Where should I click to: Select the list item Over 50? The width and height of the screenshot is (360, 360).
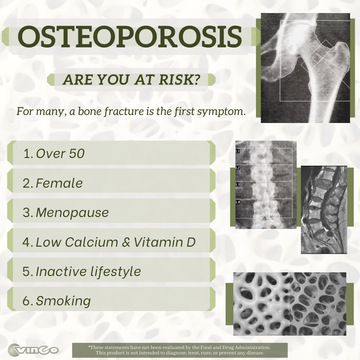60,154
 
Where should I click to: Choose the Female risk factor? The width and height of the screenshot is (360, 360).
59,183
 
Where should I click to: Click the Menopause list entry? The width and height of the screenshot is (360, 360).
72,213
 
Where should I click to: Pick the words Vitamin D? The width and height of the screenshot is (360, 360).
165,242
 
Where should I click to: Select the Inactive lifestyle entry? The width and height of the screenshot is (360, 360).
88,272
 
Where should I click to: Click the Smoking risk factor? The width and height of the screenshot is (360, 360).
63,301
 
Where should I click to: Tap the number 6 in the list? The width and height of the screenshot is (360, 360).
26,301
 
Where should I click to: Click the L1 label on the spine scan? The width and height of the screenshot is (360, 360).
238,151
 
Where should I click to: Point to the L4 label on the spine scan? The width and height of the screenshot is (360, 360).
238,202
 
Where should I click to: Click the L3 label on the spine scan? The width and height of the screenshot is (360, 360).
238,184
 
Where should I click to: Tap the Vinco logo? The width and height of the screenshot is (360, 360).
33,349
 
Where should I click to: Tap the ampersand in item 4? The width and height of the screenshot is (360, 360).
126,242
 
